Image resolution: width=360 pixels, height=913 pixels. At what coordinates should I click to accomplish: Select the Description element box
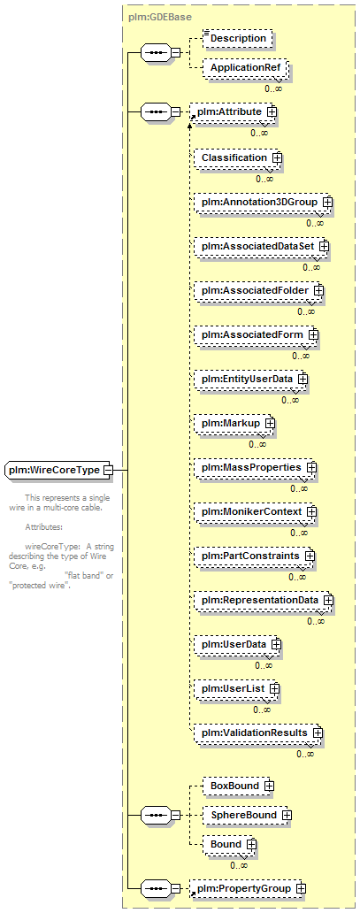pos(237,38)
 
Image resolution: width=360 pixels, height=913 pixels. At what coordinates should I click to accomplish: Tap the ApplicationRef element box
pos(244,68)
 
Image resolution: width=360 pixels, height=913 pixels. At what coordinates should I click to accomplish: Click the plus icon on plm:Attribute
pos(272,111)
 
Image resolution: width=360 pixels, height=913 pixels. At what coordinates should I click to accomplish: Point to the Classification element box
pos(236,157)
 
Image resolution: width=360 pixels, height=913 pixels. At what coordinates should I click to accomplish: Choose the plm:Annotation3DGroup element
pos(263,202)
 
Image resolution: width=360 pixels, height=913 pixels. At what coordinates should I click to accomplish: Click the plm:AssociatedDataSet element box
pos(260,246)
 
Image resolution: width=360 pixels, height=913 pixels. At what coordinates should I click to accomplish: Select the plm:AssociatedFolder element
pos(258,290)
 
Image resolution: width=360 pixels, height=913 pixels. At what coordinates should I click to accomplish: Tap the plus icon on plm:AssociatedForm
pos(313,334)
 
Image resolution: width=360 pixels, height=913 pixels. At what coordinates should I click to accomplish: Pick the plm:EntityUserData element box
pos(250,379)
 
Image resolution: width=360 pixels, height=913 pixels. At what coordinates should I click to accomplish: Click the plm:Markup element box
pos(234,423)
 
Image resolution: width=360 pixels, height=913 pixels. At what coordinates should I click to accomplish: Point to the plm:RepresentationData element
pos(264,601)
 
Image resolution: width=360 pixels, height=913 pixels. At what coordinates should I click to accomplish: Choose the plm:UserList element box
pos(236,689)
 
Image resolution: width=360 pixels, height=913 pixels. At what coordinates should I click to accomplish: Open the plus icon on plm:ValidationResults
pos(318,733)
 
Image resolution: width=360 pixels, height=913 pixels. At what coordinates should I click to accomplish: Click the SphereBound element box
pos(247,816)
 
